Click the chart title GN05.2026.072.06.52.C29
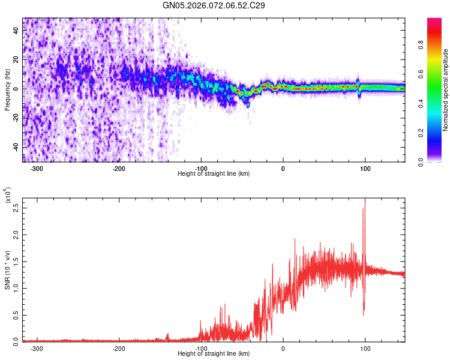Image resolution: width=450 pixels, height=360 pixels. [214, 5]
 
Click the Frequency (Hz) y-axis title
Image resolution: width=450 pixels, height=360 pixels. [7, 90]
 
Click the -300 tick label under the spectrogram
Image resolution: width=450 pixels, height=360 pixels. [37, 168]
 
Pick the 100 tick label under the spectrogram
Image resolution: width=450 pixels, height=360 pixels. [365, 168]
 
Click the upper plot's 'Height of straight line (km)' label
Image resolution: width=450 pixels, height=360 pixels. [214, 173]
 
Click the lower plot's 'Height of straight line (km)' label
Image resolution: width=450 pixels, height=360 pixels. [214, 353]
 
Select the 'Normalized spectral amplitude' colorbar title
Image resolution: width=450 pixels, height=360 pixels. [446, 90]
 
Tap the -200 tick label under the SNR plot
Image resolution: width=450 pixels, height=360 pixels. [119, 348]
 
